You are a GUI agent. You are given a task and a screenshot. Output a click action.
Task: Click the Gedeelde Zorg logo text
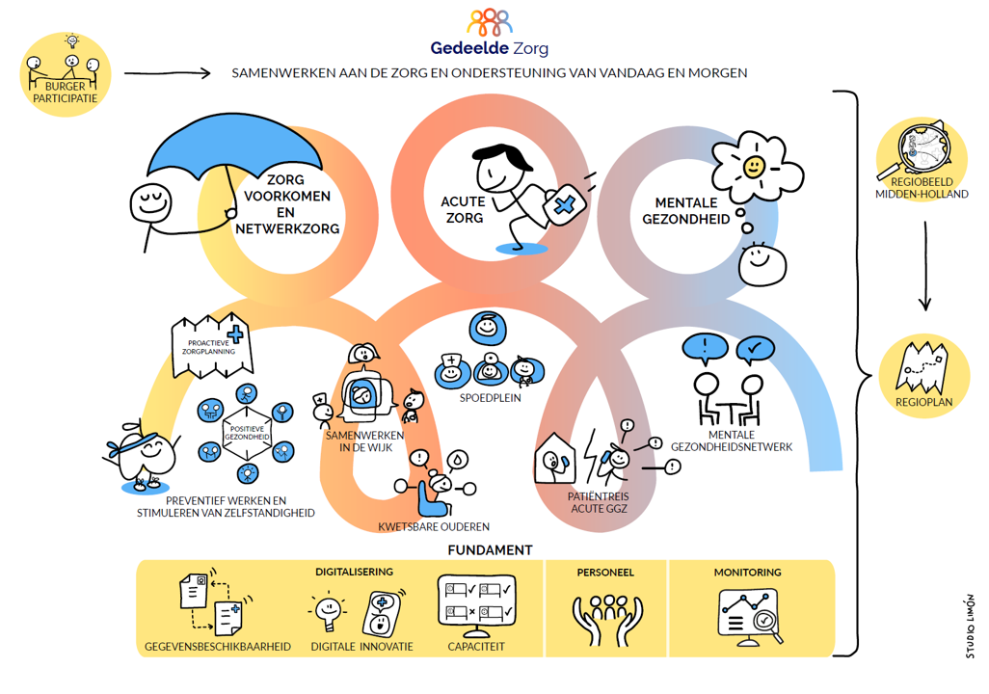491,48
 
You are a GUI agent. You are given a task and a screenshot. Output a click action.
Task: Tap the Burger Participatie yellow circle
65,75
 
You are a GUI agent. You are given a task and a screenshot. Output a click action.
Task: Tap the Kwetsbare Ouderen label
434,526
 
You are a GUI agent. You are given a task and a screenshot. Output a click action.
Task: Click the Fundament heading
490,550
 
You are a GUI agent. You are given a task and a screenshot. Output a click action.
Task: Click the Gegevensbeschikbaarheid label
218,646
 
